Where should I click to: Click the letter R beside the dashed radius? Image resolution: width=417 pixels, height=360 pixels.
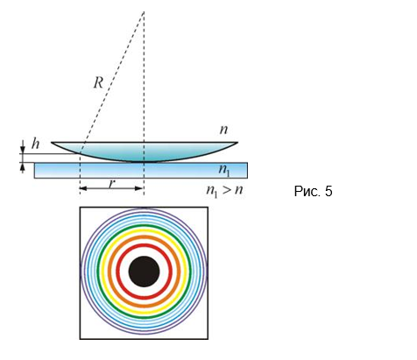pyautogui.click(x=98, y=83)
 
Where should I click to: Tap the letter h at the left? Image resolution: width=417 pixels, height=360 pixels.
pyautogui.click(x=35, y=144)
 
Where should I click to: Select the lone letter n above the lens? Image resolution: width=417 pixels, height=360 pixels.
pyautogui.click(x=223, y=130)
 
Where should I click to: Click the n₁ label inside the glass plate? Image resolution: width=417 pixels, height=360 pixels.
pyautogui.click(x=224, y=170)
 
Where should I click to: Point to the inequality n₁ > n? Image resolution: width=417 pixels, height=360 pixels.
pyautogui.click(x=224, y=191)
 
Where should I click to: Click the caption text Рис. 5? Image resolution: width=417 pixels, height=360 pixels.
pyautogui.click(x=313, y=192)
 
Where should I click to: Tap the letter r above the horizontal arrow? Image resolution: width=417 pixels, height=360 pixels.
pyautogui.click(x=111, y=184)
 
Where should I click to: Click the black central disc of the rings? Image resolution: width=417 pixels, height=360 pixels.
pyautogui.click(x=144, y=272)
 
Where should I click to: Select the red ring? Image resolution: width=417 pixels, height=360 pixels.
pyautogui.click(x=144, y=244)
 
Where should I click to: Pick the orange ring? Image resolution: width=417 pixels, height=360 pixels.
pyautogui.click(x=144, y=236)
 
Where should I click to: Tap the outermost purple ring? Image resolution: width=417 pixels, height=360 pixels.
pyautogui.click(x=144, y=208)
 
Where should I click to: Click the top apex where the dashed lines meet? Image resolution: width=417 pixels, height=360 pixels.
pyautogui.click(x=144, y=11)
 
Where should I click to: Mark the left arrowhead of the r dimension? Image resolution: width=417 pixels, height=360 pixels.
pyautogui.click(x=82, y=188)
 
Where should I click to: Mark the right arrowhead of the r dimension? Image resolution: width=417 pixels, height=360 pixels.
pyautogui.click(x=140, y=188)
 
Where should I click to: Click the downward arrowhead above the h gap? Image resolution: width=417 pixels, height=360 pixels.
pyautogui.click(x=23, y=151)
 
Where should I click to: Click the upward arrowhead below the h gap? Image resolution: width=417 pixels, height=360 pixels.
pyautogui.click(x=23, y=166)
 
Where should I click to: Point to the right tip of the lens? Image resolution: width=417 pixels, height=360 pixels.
pyautogui.click(x=237, y=143)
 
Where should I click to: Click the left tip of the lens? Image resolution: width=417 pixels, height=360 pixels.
pyautogui.click(x=52, y=143)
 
